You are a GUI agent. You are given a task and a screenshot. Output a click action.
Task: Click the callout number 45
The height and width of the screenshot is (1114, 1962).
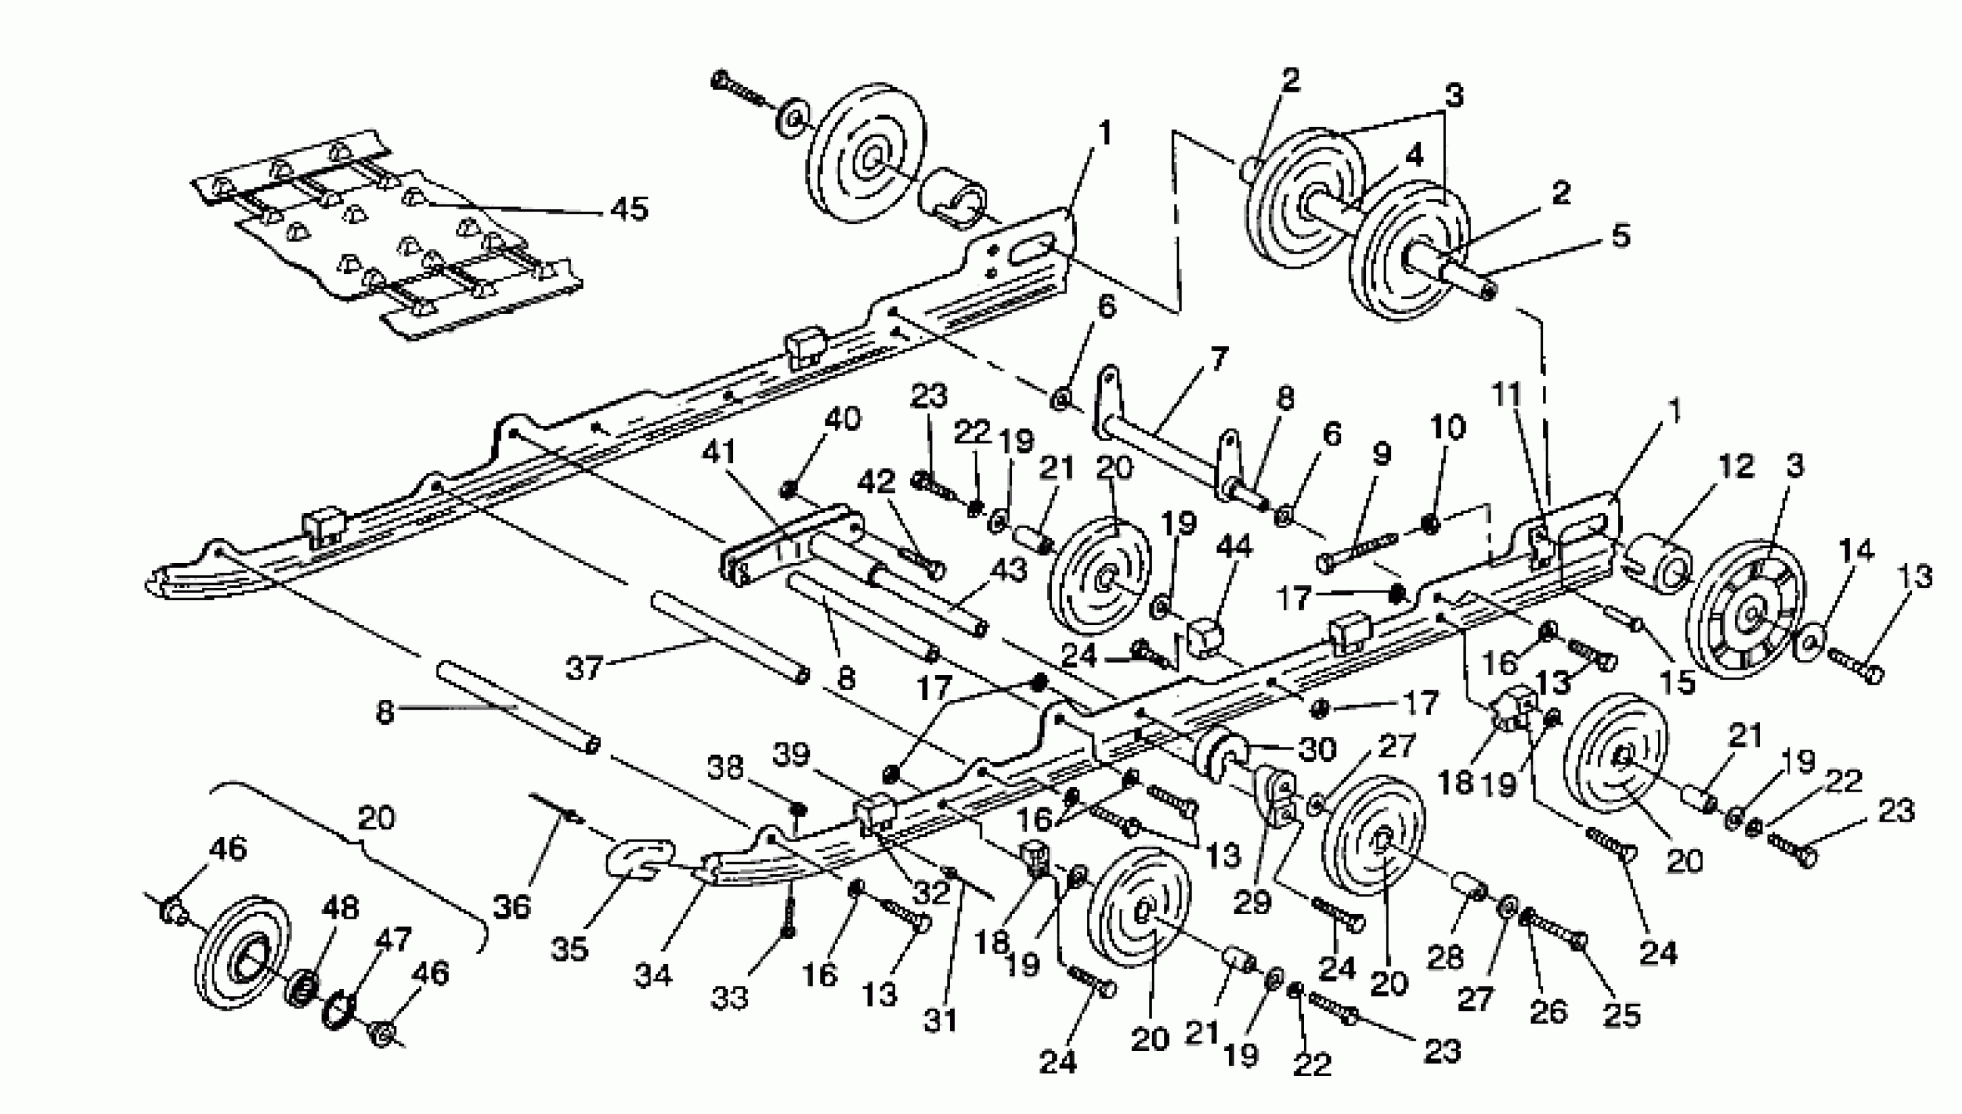click(x=629, y=208)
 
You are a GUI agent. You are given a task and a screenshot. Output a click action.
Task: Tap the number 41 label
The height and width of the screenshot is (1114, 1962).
click(x=718, y=452)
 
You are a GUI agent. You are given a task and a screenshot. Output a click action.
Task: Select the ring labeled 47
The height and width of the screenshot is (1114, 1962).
click(x=338, y=1012)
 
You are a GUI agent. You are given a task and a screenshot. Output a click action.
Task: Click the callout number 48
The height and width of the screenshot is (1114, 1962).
click(x=340, y=908)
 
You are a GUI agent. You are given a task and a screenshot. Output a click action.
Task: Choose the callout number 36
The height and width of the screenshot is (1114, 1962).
click(x=511, y=907)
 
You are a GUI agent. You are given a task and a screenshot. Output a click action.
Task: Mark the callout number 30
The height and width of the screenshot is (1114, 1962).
click(x=1318, y=749)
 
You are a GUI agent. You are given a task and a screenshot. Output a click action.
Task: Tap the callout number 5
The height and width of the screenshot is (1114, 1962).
click(x=1620, y=236)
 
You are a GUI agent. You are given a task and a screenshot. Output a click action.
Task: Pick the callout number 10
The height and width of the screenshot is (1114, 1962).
click(x=1447, y=427)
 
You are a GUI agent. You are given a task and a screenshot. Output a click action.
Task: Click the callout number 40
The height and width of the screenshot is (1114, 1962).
click(x=842, y=419)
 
